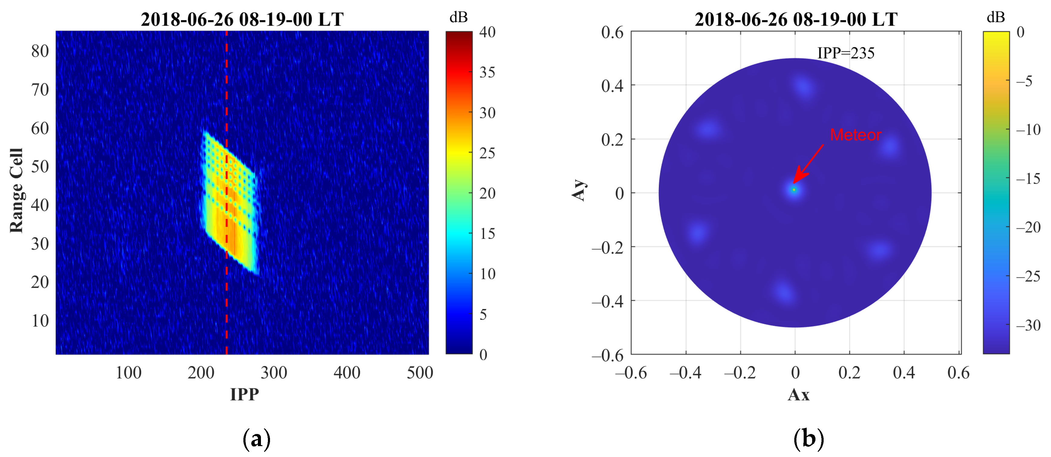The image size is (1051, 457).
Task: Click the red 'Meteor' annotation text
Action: [856, 135]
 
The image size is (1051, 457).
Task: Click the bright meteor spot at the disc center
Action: [794, 190]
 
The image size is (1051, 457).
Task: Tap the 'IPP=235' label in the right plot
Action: [846, 53]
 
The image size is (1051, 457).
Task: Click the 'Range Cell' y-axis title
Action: [17, 191]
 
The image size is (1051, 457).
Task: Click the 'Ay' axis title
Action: [579, 190]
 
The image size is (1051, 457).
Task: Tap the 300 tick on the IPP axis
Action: [274, 373]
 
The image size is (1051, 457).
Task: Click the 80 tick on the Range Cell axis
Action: [40, 51]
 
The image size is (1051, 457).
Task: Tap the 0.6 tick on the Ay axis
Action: [612, 32]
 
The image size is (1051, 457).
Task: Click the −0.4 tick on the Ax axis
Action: [685, 373]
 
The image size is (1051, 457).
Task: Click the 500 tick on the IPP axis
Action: [420, 373]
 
